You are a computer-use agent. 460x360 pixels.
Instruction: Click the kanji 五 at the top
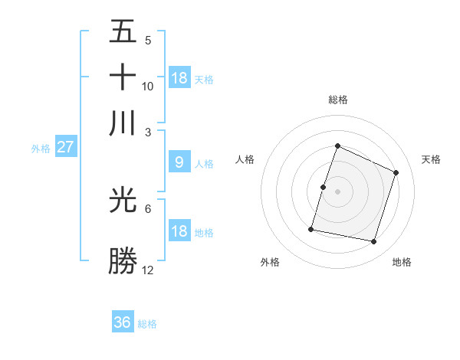[123, 32]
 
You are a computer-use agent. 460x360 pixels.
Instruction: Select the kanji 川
[123, 123]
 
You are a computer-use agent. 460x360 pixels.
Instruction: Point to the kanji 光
[123, 200]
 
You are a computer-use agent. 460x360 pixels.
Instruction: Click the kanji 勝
[123, 261]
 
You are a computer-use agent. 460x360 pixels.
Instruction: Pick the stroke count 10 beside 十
[147, 87]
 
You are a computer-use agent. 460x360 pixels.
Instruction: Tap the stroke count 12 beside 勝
[147, 270]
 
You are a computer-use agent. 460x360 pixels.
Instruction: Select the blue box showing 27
[65, 147]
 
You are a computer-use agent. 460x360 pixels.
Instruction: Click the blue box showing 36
[123, 322]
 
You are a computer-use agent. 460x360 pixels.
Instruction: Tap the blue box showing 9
[179, 162]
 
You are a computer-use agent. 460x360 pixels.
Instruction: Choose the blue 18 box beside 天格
[179, 78]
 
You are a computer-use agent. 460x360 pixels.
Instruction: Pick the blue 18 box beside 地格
[179, 231]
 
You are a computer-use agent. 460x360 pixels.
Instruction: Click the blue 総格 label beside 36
[147, 324]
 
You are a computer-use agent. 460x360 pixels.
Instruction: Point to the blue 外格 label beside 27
[41, 149]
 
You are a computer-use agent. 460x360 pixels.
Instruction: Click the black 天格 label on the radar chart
[431, 159]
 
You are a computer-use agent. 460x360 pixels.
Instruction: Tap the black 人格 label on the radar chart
[245, 159]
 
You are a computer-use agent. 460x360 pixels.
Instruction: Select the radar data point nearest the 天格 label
[396, 172]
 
